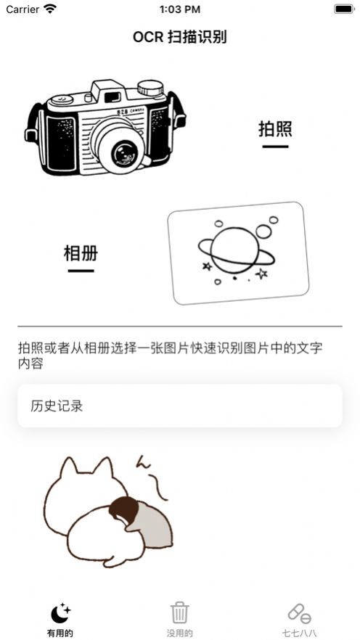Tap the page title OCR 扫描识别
(x=179, y=37)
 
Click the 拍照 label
(x=275, y=129)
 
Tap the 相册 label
(x=81, y=253)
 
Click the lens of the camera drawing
(x=124, y=152)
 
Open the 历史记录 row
(x=179, y=406)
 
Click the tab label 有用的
(x=60, y=633)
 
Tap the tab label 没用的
(x=179, y=633)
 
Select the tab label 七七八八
(x=299, y=633)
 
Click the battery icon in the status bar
(x=343, y=9)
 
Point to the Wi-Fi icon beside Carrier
(x=50, y=9)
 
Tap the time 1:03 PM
(x=179, y=9)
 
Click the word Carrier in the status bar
(x=22, y=9)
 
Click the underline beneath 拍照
(x=275, y=147)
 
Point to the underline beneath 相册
(x=81, y=271)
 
